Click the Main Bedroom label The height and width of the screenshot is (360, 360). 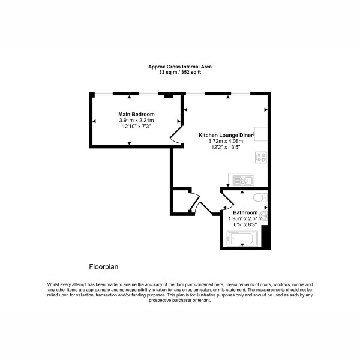(x=136, y=114)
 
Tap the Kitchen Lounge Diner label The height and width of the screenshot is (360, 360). (x=226, y=135)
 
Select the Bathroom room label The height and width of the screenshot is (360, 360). (x=245, y=212)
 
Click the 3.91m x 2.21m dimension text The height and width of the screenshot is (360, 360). (x=136, y=120)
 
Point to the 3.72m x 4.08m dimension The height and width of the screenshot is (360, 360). (x=226, y=141)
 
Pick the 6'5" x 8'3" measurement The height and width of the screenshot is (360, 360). (x=245, y=224)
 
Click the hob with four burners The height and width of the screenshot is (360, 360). (x=261, y=157)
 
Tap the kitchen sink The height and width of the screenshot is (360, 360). (x=244, y=180)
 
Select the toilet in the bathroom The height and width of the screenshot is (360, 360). (x=260, y=197)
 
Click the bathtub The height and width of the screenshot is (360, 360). (x=242, y=239)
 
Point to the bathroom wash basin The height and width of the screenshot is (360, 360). (x=265, y=216)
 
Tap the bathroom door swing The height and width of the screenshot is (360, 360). (x=227, y=201)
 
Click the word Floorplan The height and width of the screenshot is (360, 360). (x=104, y=267)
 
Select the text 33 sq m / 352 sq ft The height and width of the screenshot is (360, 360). (x=180, y=72)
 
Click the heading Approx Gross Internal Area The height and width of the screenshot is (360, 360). (x=180, y=67)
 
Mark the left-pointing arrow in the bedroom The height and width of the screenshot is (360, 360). (x=94, y=121)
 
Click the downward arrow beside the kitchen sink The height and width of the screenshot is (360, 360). (x=228, y=185)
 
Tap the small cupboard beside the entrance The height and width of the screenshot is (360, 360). (x=181, y=202)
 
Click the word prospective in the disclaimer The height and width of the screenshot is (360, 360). (x=160, y=300)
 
